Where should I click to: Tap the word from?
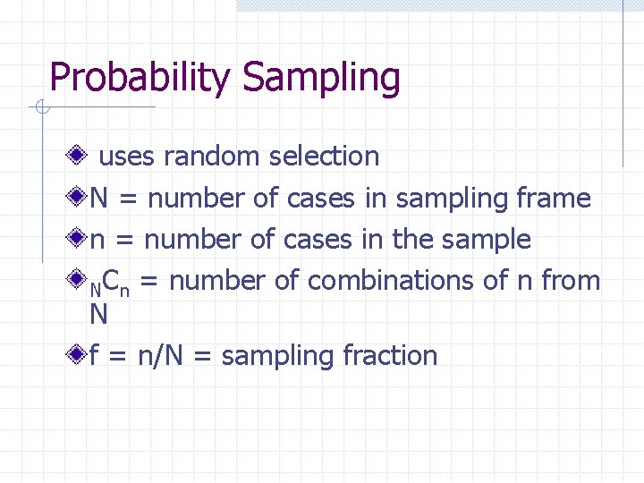point(570,281)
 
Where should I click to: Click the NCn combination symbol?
point(110,284)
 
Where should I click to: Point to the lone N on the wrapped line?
point(98,314)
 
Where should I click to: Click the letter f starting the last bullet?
point(93,356)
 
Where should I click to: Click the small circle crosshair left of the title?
point(41,108)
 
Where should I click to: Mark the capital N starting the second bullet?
point(99,199)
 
